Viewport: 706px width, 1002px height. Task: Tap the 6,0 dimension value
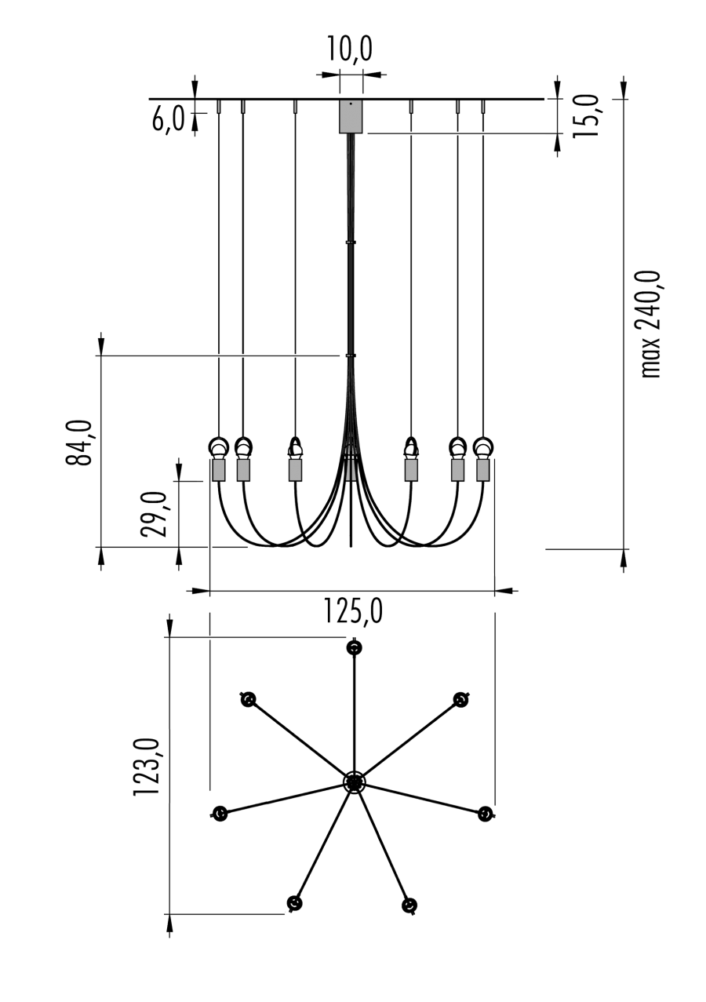tap(169, 119)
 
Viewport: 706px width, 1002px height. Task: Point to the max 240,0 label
tap(651, 324)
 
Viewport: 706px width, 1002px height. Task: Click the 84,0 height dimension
tap(80, 443)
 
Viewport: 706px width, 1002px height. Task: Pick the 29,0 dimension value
tap(155, 514)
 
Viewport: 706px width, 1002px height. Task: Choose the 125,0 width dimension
tap(352, 610)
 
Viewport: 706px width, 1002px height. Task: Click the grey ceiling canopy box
tap(351, 116)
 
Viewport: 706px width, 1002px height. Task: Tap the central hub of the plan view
tap(354, 782)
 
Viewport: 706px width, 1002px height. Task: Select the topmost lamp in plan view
tap(355, 648)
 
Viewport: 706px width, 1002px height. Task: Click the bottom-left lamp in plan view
tap(295, 903)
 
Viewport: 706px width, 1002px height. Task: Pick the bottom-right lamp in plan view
tap(409, 906)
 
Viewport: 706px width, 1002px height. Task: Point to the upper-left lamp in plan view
tap(248, 699)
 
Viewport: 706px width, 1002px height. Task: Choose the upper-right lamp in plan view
tap(460, 700)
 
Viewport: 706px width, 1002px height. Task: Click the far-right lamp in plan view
tap(486, 814)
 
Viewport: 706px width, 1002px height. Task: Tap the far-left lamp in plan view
tap(220, 814)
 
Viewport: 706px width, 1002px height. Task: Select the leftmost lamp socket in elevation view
tap(218, 469)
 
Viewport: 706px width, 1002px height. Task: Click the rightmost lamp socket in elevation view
tap(482, 469)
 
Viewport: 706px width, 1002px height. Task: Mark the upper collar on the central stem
tap(350, 242)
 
